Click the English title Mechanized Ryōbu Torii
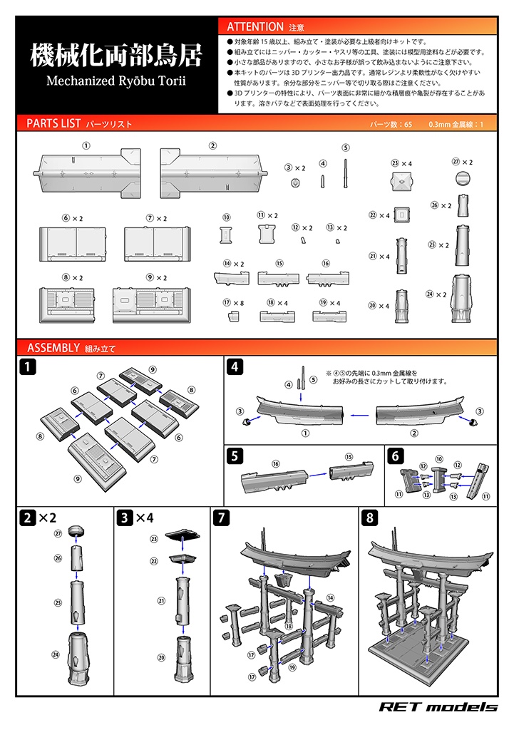pos(115,80)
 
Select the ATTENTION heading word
pos(255,27)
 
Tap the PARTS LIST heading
pos(53,123)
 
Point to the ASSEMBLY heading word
pos(53,348)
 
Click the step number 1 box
pos(26,368)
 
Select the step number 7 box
pos(222,518)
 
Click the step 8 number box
pos(370,518)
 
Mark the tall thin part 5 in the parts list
pos(346,172)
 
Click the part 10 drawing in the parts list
pos(227,234)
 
